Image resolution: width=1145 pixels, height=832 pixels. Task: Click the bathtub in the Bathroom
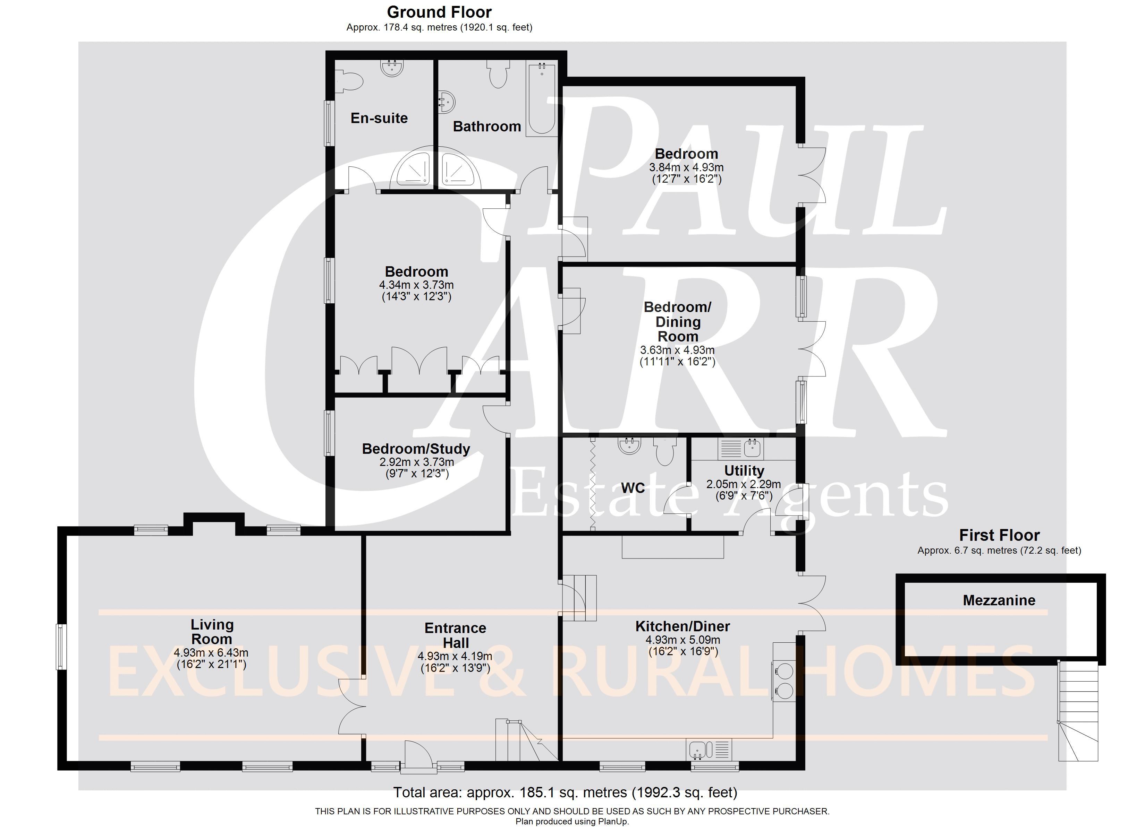pos(541,98)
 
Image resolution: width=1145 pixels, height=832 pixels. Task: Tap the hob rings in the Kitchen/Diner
pos(784,680)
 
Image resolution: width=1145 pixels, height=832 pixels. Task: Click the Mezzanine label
pos(999,600)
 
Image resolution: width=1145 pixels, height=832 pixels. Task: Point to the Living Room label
pos(212,632)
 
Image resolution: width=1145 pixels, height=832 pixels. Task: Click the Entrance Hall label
pos(455,635)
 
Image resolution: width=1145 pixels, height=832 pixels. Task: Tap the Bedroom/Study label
pos(416,449)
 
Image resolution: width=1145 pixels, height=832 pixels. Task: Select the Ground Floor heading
pos(439,12)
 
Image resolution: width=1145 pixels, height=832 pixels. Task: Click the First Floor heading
pos(1000,535)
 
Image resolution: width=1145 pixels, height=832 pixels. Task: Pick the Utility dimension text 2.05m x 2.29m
pos(744,484)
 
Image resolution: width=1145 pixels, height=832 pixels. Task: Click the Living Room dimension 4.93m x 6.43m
pos(211,653)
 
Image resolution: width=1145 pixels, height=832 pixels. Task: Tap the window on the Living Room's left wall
pos(62,647)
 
